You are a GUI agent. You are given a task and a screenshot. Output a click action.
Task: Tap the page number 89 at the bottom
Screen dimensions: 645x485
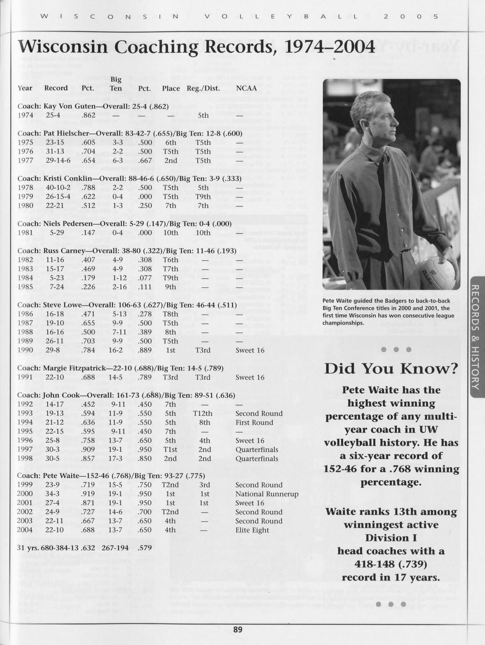coord(238,630)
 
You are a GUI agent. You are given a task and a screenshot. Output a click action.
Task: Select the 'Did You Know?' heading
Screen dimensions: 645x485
coord(391,368)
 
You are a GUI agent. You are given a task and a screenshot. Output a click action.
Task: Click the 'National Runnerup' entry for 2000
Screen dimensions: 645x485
coord(267,494)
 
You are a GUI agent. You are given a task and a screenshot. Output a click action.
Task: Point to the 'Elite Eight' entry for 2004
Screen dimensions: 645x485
coord(252,530)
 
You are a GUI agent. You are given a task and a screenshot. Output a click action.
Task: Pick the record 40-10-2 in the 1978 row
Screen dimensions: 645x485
coord(58,188)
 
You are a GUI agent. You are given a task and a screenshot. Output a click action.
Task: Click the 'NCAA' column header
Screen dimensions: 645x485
coord(246,88)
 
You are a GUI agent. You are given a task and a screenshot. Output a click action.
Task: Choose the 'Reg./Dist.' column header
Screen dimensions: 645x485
coord(203,88)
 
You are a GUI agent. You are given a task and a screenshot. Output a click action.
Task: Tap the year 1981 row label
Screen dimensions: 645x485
coord(25,232)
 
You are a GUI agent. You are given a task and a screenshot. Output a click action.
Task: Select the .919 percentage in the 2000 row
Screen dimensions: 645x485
coord(88,494)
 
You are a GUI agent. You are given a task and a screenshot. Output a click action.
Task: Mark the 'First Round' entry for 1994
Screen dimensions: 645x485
coord(254,423)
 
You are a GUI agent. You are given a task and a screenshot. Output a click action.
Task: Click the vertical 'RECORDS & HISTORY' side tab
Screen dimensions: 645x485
coord(475,337)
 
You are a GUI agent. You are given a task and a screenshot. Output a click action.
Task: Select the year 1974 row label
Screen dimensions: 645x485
coord(25,115)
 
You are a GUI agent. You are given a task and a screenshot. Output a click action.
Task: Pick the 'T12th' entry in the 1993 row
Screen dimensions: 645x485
coord(203,414)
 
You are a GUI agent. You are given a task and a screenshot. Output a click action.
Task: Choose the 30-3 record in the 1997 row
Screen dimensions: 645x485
coord(52,450)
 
